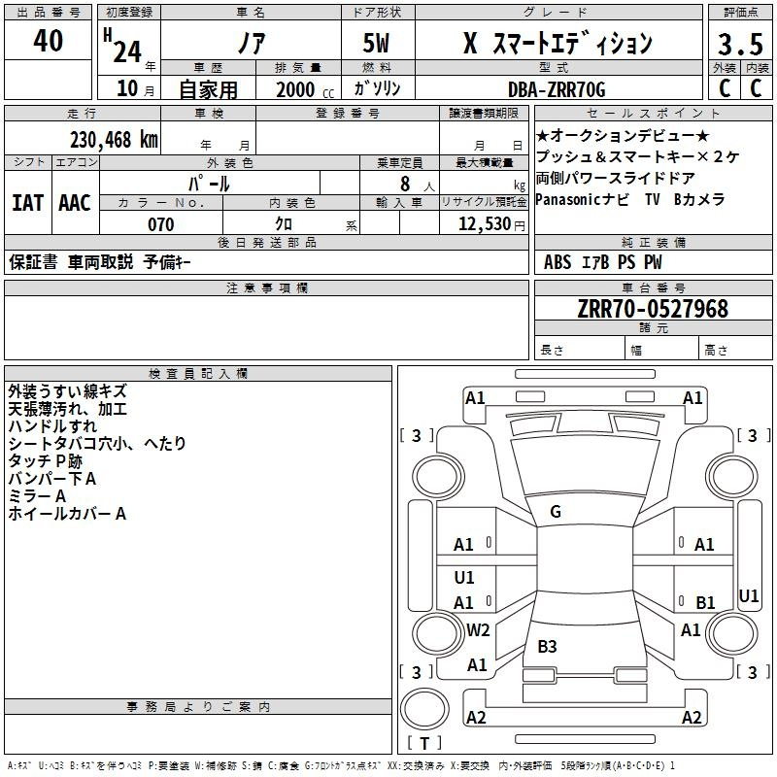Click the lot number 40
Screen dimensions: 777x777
pos(48,42)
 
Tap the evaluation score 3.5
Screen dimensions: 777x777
pos(738,45)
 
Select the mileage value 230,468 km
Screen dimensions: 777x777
pos(113,139)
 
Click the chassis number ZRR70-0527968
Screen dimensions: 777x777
pos(653,309)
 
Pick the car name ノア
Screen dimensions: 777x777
pos(250,43)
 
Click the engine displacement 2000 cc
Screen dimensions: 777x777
pos(297,90)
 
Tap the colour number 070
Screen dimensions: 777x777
pos(160,224)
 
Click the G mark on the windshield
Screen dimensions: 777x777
pos(556,512)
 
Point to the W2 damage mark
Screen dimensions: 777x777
pos(478,629)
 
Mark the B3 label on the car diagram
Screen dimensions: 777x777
pos(547,646)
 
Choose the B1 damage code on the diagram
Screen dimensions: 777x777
pos(705,602)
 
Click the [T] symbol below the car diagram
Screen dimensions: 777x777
pos(423,743)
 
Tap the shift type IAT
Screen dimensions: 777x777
pos(28,202)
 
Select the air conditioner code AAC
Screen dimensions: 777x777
pos(75,202)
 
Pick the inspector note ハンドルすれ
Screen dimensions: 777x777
pos(52,425)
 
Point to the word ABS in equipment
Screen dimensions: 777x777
pos(557,262)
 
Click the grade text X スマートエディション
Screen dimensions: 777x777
pos(557,44)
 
